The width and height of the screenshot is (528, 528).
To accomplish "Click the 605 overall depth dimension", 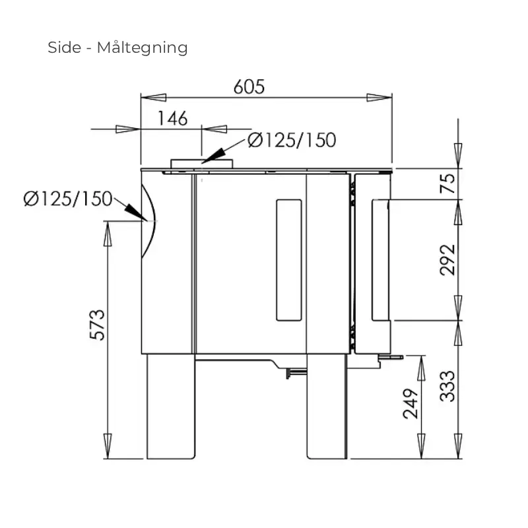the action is coord(249,87).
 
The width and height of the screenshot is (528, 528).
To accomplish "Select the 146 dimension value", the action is coord(172,119).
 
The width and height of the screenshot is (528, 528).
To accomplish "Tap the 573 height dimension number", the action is coord(98,324).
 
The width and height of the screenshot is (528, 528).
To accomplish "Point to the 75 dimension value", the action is coord(447,183).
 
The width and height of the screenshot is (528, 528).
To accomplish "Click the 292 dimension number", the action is coord(447,260).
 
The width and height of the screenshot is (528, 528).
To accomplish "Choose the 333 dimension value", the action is coord(447,386).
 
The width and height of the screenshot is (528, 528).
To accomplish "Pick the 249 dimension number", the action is coord(411,404).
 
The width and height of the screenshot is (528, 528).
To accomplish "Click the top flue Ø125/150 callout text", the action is coord(292,140).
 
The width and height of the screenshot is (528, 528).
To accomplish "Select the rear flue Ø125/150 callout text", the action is coord(68,199).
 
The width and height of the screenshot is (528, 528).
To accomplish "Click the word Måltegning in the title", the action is coord(142,48).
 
